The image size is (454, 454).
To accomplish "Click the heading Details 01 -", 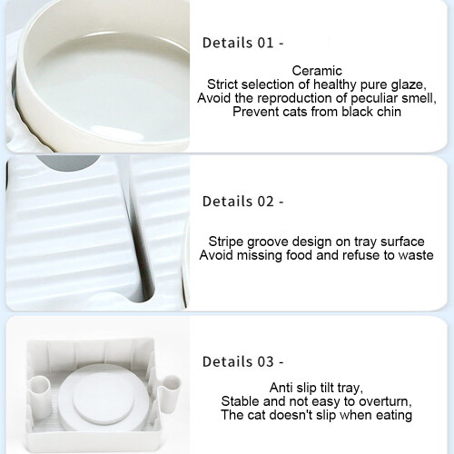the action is [243, 43].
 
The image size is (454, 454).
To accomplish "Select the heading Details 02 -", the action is [243, 202].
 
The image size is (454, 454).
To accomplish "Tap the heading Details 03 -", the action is [243, 361].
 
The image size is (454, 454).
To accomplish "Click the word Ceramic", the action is [317, 71].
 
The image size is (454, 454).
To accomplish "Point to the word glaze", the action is [409, 85].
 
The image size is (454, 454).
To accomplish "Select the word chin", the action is [389, 112].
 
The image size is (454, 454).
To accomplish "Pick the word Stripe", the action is [226, 242].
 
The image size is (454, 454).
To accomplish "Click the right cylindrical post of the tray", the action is [169, 394].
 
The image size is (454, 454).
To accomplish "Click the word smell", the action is [419, 99].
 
